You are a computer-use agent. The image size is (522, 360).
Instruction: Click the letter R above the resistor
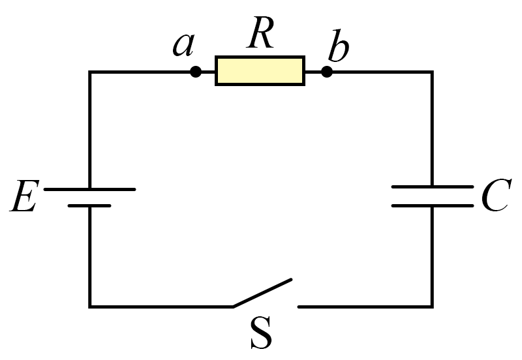[260, 33]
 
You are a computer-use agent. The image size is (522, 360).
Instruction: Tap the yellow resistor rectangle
[260, 71]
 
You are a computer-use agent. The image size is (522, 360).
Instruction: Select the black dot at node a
[196, 72]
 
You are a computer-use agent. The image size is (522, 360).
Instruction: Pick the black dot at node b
[327, 72]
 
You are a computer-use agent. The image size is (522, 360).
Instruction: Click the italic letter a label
[183, 45]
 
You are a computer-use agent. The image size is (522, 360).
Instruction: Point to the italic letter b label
[338, 46]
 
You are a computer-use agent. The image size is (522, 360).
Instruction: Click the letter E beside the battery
[24, 196]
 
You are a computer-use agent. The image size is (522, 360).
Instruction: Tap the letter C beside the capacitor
[496, 195]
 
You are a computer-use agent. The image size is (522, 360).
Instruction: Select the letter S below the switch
[262, 333]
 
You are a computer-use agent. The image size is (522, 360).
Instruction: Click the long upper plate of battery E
[89, 189]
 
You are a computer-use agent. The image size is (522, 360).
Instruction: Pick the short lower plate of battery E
[89, 206]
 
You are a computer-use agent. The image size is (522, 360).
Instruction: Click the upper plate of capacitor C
[433, 187]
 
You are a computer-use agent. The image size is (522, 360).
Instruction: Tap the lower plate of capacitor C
[433, 206]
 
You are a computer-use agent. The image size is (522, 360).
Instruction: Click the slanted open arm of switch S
[262, 293]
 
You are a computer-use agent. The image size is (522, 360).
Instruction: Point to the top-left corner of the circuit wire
[90, 72]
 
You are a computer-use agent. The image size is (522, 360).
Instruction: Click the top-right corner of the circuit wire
[432, 72]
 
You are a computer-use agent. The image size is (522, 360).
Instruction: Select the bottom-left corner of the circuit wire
[90, 307]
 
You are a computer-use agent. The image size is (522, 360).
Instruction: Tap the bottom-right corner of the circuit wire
[432, 307]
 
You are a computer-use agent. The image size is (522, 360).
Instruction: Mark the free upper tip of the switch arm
[291, 280]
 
